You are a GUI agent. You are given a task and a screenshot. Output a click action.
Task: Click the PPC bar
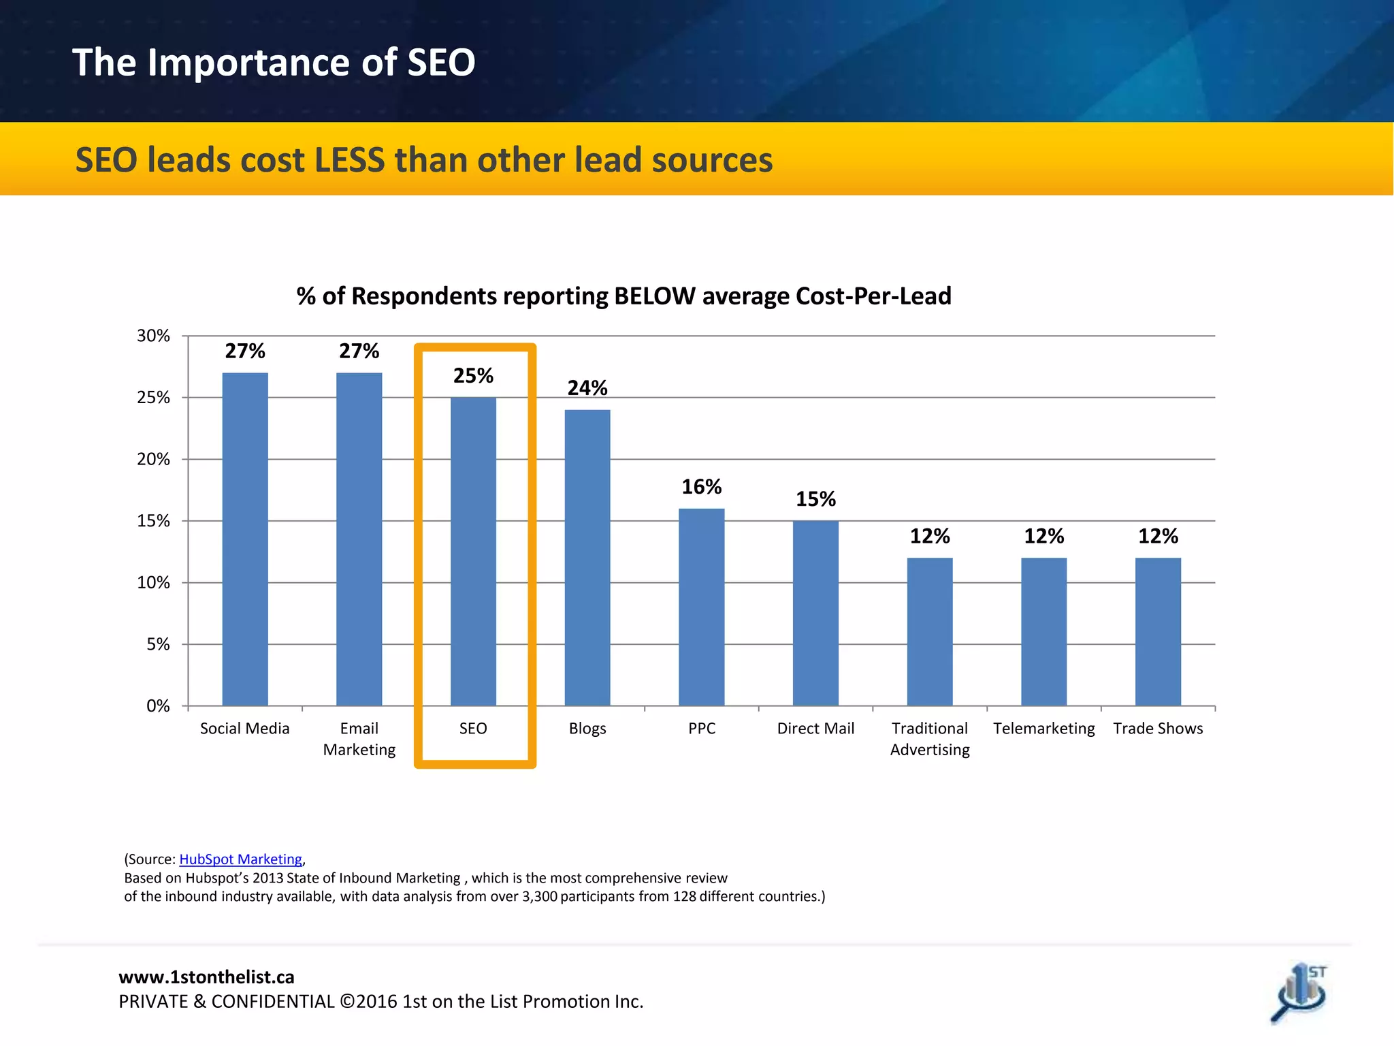pos(701,607)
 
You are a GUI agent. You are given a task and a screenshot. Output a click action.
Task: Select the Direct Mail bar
pos(815,613)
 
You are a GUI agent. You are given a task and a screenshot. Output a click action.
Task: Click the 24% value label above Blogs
pos(587,388)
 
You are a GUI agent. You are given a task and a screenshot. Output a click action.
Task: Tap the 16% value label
pos(701,487)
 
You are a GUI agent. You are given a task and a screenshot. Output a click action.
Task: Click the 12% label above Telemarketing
pos(1043,537)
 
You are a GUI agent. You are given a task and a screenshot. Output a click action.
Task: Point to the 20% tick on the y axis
pos(153,459)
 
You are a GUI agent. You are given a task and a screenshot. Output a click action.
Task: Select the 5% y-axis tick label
pos(158,644)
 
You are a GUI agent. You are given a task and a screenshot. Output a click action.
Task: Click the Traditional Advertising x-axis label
pos(930,739)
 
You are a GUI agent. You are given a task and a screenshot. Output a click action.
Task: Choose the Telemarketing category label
pos(1043,729)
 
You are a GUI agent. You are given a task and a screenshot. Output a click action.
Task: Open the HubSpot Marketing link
pos(240,859)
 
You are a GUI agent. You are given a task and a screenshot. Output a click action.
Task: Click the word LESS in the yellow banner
pos(349,160)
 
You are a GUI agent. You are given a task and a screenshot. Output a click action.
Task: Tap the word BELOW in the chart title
pos(654,296)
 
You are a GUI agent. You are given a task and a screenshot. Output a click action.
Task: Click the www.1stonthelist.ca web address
pos(206,977)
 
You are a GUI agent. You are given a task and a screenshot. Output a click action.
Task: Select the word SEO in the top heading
pos(440,63)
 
